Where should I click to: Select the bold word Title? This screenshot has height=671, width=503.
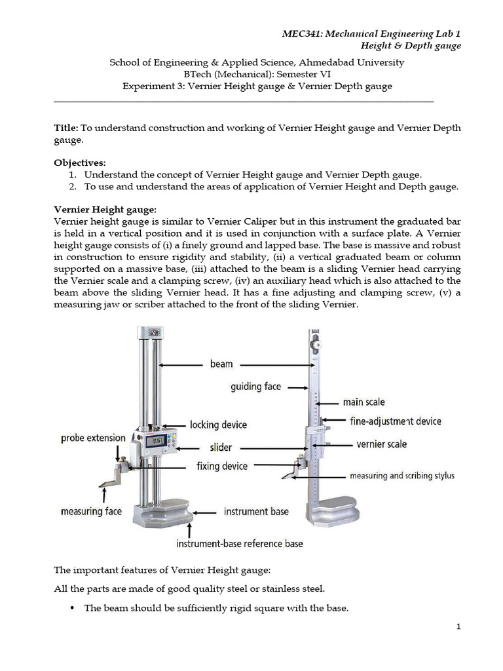pos(65,128)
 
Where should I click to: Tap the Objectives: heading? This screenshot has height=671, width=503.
pos(79,163)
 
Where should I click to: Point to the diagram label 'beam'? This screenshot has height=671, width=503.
pos(221,364)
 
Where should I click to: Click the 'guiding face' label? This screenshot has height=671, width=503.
pos(255,387)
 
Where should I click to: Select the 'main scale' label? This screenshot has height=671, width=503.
pos(363,402)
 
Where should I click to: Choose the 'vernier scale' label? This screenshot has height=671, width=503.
pos(381,444)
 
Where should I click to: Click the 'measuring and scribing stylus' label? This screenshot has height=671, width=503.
pos(401,475)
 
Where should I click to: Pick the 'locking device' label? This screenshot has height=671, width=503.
pos(218,425)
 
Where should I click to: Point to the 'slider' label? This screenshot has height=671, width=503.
pos(220,448)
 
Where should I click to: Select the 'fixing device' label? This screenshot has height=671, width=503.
pos(222,466)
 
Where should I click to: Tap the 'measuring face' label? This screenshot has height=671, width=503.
pos(91,511)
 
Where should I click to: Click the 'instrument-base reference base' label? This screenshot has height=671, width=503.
pos(239,543)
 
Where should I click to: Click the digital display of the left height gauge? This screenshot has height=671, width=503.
pos(157,441)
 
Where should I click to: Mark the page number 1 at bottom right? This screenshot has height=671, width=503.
pos(459,626)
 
